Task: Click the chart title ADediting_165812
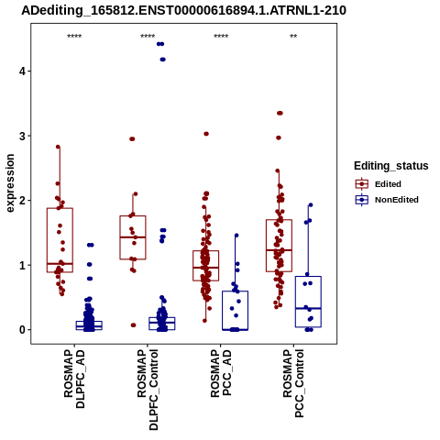183,10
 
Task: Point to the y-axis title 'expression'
10,183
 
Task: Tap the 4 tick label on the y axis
22,71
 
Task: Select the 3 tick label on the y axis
22,136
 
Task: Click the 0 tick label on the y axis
22,330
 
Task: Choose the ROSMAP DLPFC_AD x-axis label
74,379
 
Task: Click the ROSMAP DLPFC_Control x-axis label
148,390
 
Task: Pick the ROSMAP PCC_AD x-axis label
221,373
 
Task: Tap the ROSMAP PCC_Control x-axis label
293,383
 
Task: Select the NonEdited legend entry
387,200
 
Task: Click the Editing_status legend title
391,166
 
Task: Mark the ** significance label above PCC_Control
293,37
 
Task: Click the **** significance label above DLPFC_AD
74,37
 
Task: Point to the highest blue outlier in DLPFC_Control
160,44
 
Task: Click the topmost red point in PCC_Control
280,113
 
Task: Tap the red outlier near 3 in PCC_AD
206,134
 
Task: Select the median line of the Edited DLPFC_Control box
133,237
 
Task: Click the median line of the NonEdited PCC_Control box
308,308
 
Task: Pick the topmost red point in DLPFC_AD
58,147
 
